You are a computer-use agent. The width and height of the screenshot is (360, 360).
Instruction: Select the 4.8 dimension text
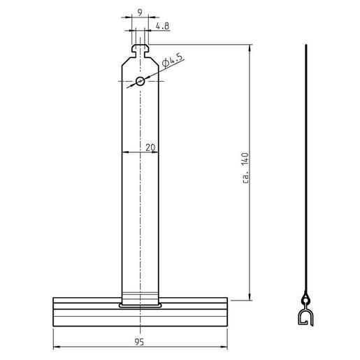(161, 27)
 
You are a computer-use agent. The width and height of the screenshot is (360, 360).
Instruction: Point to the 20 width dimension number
(150, 147)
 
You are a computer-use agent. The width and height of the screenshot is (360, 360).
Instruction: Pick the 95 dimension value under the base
(141, 343)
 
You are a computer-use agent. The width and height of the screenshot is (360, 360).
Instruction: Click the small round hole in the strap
(141, 81)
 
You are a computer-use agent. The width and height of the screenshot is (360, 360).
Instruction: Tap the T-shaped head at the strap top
(141, 49)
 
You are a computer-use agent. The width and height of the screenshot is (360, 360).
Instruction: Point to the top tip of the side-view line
(305, 45)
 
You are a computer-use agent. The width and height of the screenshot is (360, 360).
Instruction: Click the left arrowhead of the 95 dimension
(55, 347)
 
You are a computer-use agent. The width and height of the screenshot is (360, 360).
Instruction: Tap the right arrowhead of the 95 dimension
(228, 347)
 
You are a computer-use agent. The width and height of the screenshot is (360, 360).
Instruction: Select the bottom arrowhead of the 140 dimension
(250, 297)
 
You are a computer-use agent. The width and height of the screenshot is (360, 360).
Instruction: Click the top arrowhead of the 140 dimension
(250, 47)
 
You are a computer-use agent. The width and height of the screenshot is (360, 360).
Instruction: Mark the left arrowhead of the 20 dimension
(124, 152)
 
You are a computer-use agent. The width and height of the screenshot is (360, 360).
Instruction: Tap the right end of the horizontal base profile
(229, 312)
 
